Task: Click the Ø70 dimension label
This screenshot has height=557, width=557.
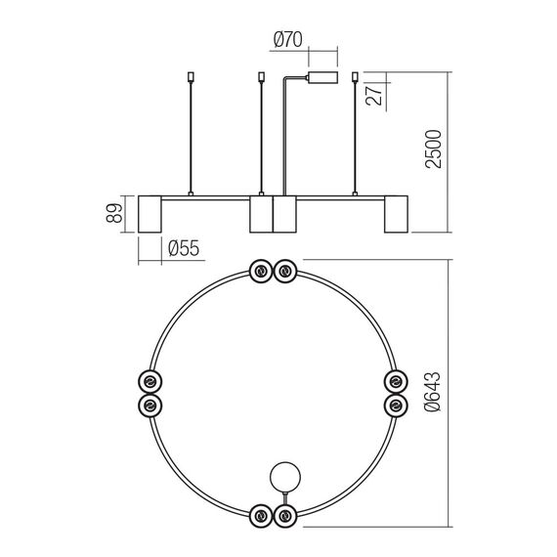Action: pos(288,39)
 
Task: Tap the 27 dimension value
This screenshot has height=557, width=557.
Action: pos(374,94)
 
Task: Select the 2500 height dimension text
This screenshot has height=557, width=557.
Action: pos(433,149)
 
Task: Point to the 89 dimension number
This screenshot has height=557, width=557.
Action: pos(114,213)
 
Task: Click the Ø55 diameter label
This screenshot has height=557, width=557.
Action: pos(184,248)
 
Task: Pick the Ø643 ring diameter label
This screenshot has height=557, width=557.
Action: pos(433,392)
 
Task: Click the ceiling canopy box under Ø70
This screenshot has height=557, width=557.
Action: pos(322,78)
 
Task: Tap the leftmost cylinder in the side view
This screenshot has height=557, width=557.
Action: pos(150,214)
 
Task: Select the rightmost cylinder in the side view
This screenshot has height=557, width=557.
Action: pos(396,214)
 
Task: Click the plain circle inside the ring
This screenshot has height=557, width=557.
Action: pos(285,477)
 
